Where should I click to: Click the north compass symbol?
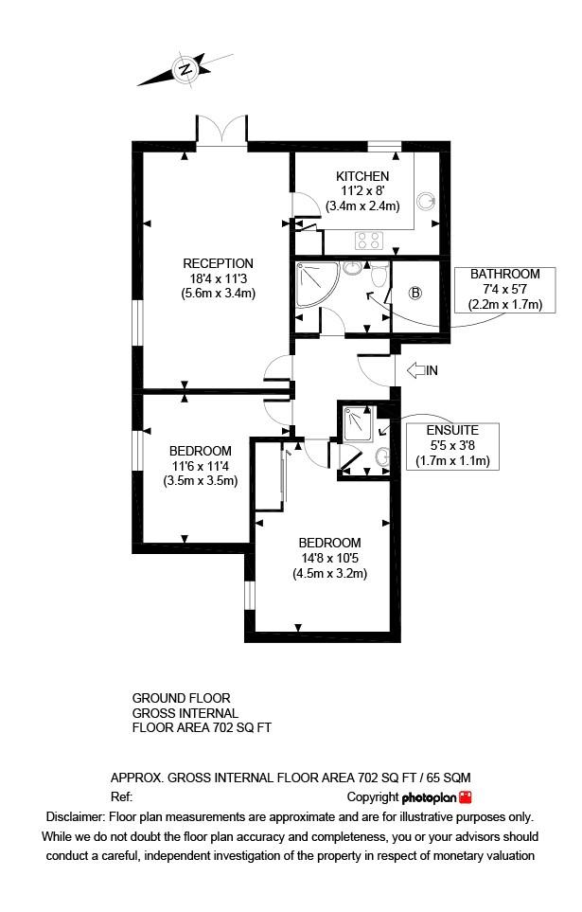(x=185, y=67)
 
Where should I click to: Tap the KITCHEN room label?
(x=362, y=177)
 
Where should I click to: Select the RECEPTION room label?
(x=218, y=263)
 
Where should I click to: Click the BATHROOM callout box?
(x=504, y=290)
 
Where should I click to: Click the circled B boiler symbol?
(x=414, y=293)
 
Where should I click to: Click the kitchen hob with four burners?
(x=367, y=239)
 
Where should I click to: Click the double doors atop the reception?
(x=221, y=131)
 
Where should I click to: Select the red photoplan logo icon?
(x=465, y=797)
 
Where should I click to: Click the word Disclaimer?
(x=75, y=816)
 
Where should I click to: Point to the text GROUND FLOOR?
(x=181, y=699)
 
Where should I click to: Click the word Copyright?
(x=373, y=797)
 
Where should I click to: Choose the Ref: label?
(x=121, y=797)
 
